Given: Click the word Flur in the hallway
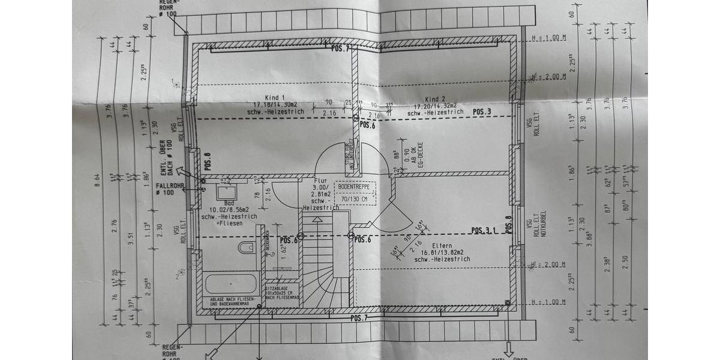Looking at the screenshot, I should (x=320, y=180).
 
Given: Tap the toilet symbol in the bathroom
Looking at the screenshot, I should (x=246, y=248).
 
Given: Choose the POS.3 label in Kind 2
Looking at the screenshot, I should (x=481, y=112).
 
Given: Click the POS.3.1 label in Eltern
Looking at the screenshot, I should (x=484, y=230).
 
